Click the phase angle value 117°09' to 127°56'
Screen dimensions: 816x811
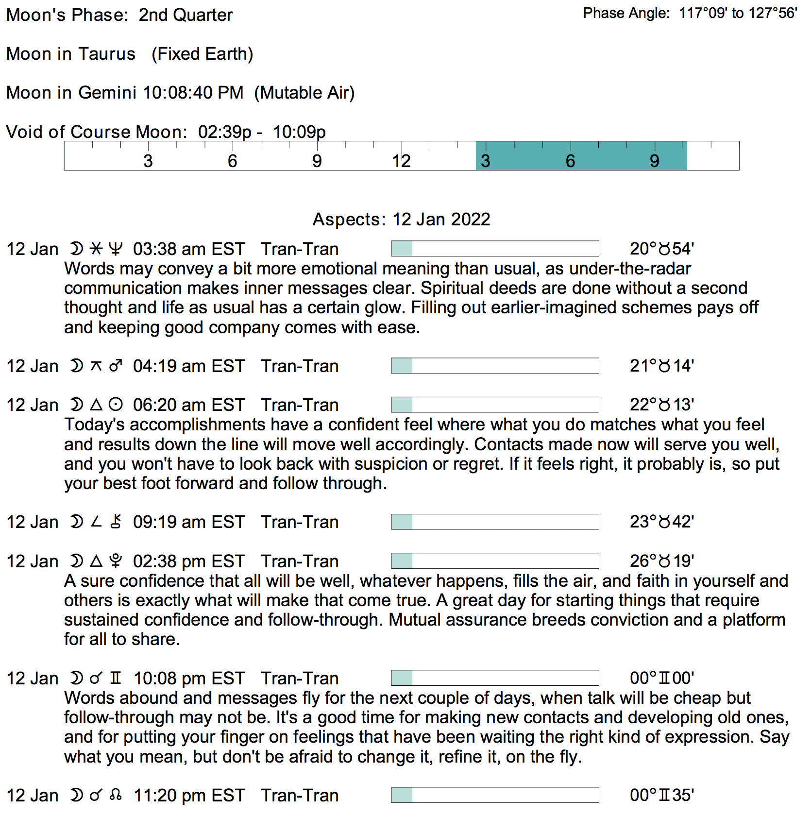tap(738, 13)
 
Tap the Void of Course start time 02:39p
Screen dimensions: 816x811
tap(224, 132)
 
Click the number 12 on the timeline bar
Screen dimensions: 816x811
tap(402, 161)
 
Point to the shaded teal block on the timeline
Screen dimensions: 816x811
tap(581, 156)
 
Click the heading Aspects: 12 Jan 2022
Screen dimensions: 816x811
tap(401, 220)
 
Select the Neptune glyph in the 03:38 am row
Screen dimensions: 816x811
tap(116, 249)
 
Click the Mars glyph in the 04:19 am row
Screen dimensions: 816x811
tap(116, 366)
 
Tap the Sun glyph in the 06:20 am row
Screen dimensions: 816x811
tap(116, 405)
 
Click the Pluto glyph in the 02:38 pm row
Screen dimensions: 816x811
tap(116, 561)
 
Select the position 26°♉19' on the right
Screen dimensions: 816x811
tap(662, 561)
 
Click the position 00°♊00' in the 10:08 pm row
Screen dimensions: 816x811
tap(662, 679)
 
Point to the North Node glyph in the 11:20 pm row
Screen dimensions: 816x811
tap(116, 796)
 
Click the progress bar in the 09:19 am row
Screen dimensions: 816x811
tap(495, 522)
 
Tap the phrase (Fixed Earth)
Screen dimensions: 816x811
tap(202, 54)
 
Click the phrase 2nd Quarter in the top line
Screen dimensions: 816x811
tap(186, 15)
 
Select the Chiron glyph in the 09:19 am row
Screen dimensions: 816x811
tap(116, 522)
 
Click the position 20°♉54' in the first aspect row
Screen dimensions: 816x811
tap(662, 249)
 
